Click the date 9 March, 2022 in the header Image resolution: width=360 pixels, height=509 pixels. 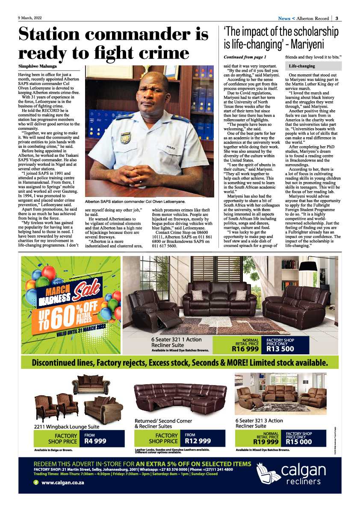pyautogui.click(x=30, y=18)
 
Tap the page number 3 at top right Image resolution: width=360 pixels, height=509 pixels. pyautogui.click(x=337, y=18)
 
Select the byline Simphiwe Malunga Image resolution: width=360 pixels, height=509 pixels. pyautogui.click(x=38, y=66)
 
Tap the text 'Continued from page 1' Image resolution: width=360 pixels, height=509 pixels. pyautogui.click(x=245, y=57)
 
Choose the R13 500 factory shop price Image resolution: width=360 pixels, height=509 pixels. pyautogui.click(x=280, y=349)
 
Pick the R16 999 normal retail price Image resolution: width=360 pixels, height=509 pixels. pyautogui.click(x=245, y=349)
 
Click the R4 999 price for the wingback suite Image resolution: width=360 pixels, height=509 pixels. pyautogui.click(x=95, y=441)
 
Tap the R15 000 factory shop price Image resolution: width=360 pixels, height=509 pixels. pyautogui.click(x=299, y=442)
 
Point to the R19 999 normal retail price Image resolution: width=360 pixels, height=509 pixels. pyautogui.click(x=266, y=442)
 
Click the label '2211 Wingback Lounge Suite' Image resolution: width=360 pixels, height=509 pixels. pyautogui.click(x=66, y=426)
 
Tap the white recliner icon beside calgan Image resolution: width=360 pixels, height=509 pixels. pyautogui.click(x=268, y=474)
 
